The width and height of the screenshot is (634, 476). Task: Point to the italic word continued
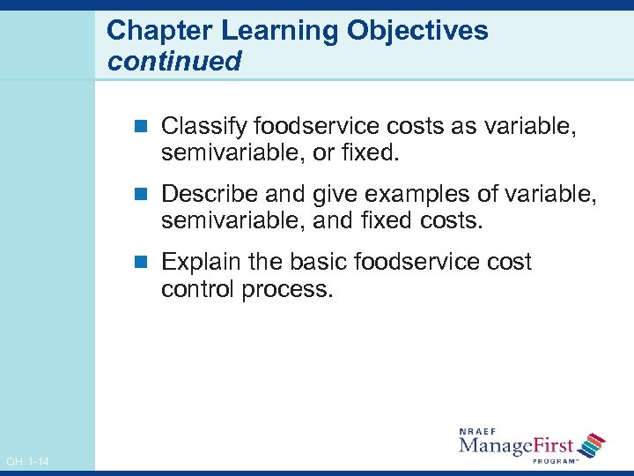(173, 61)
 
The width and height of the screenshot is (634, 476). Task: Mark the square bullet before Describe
(146, 193)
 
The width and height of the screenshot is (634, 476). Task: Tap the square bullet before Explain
(146, 263)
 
